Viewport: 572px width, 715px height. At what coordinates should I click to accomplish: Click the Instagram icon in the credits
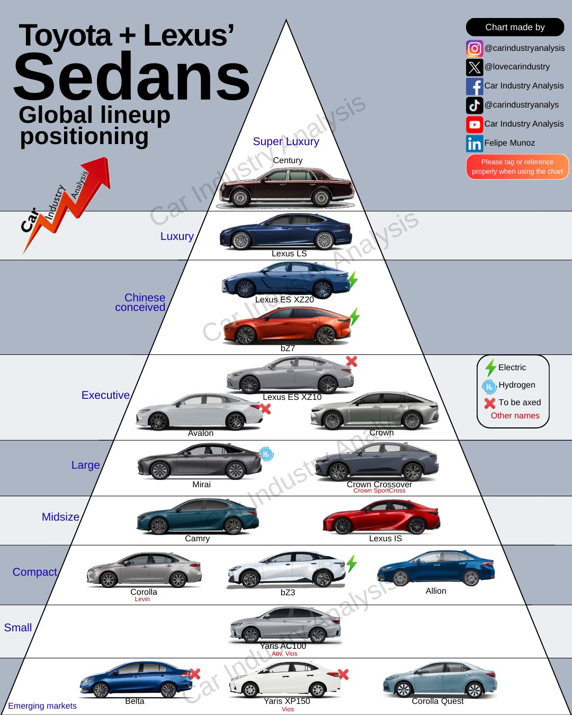coord(475,48)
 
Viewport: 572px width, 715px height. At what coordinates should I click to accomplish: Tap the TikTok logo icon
coord(475,105)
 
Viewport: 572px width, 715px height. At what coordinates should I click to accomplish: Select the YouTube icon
coord(475,124)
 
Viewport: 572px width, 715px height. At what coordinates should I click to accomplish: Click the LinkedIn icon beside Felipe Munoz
coord(475,144)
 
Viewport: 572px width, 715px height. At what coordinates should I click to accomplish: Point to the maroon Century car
coord(286,187)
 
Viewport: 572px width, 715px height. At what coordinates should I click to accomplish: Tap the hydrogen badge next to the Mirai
coord(266,454)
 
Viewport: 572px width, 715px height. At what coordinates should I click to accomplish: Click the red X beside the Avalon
coord(266,408)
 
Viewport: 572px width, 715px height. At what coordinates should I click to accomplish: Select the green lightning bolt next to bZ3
coord(352,564)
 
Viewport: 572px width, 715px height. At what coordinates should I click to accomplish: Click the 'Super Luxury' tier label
coord(286,141)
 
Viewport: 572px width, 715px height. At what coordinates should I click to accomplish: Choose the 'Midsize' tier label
coord(60,517)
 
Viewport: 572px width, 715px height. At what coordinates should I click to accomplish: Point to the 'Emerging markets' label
coord(42,705)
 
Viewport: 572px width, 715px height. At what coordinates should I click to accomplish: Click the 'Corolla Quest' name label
coord(437,701)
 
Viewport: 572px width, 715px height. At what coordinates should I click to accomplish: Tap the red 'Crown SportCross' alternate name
coord(379,491)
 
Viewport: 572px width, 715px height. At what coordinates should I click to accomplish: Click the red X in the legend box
coord(490,403)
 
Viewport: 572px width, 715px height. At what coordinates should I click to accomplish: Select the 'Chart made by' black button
coord(515,27)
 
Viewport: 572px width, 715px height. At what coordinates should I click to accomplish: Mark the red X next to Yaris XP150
coord(343,674)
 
